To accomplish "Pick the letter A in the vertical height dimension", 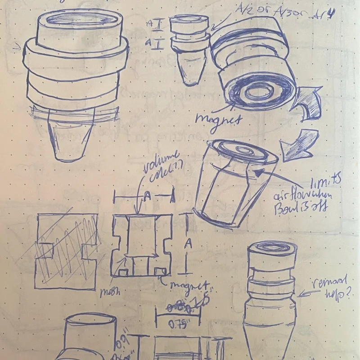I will [189, 243].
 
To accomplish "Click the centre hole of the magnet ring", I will [255, 93].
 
